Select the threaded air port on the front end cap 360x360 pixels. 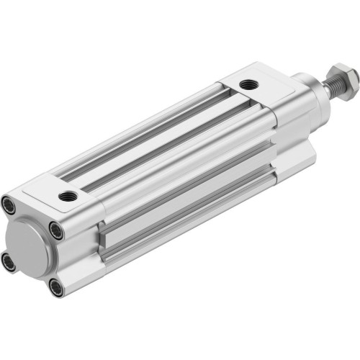[249, 85]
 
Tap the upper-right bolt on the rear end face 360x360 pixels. [56, 231]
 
